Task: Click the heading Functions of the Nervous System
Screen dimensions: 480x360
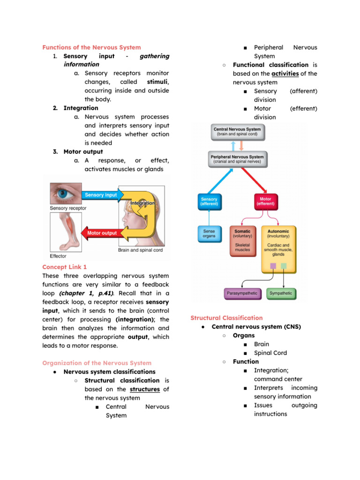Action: point(91,47)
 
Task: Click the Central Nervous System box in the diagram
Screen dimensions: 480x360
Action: point(237,132)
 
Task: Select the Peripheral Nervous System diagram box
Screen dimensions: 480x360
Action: point(237,159)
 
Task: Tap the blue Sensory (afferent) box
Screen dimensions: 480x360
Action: point(209,202)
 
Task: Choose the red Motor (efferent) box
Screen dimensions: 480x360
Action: point(265,202)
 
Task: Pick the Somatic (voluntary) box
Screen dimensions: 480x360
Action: point(242,241)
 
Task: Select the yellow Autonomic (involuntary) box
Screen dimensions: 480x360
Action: point(278,244)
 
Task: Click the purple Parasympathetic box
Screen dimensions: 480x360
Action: point(242,293)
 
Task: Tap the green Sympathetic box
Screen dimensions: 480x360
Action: point(281,293)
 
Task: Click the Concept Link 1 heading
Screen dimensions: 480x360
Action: point(65,267)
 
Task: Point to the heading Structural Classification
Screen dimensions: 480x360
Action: point(226,318)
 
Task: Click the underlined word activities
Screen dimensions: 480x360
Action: point(284,74)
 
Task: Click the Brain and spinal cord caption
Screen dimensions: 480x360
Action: point(140,250)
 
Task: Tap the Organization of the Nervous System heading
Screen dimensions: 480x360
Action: point(97,363)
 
